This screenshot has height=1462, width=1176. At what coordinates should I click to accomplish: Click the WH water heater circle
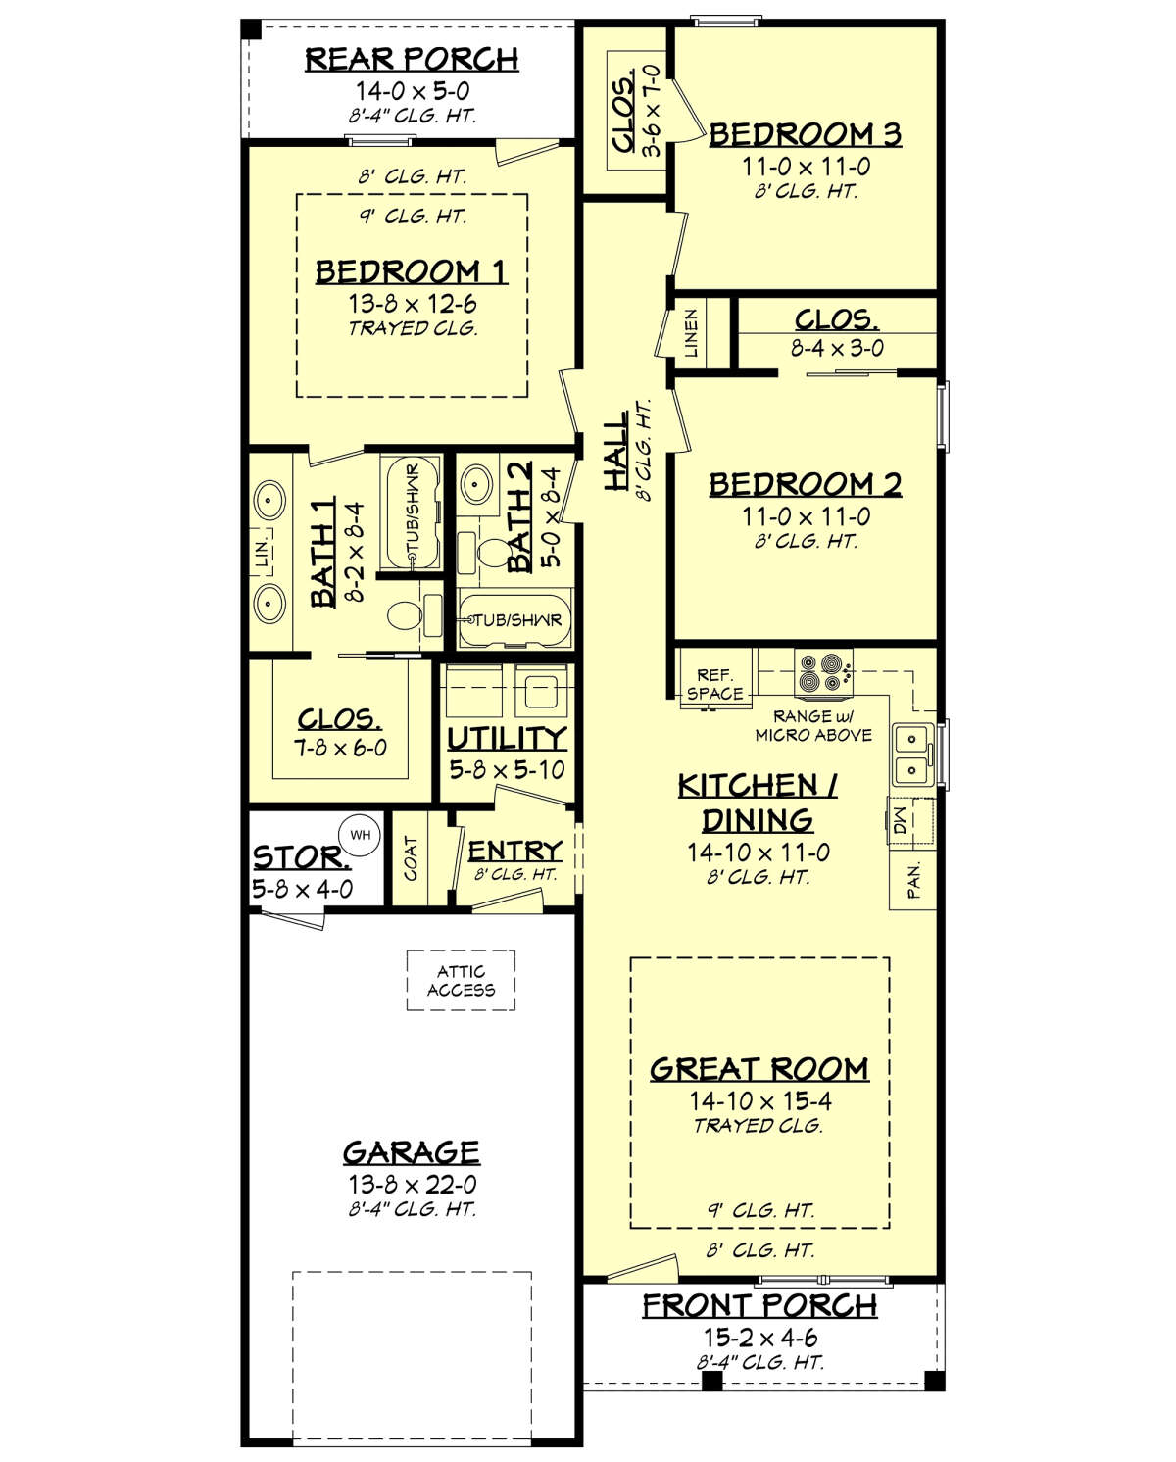click(x=360, y=835)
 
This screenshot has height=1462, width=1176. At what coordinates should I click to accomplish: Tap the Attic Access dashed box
click(x=461, y=980)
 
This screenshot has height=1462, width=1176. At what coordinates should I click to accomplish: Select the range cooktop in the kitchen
click(x=823, y=673)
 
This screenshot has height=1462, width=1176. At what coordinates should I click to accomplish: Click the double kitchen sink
click(x=911, y=755)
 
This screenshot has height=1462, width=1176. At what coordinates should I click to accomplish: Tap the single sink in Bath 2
click(x=477, y=484)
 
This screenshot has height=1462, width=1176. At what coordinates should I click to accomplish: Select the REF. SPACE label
click(x=714, y=684)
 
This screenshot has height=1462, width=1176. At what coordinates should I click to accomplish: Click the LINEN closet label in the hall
click(x=690, y=333)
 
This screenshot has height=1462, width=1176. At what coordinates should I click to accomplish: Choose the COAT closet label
click(x=411, y=858)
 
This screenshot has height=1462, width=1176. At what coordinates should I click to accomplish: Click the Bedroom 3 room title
click(x=806, y=134)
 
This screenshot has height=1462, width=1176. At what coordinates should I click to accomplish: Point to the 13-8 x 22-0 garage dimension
click(x=413, y=1184)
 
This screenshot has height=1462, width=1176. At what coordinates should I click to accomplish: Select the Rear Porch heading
click(x=412, y=60)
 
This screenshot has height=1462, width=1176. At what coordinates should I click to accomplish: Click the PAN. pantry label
click(x=913, y=881)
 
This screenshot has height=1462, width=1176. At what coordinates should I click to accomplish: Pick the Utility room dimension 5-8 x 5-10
click(x=507, y=770)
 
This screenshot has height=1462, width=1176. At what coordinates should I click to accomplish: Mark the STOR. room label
click(x=302, y=857)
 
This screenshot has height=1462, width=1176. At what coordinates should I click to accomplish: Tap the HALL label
click(x=616, y=450)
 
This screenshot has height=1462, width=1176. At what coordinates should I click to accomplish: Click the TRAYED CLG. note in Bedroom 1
click(x=413, y=329)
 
